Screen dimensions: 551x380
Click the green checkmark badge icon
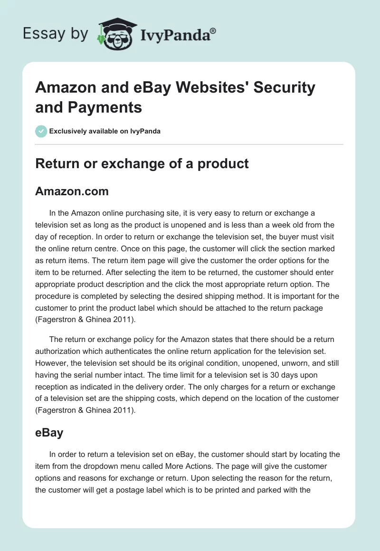click(41, 131)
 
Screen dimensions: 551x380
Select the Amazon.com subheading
click(72, 191)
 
